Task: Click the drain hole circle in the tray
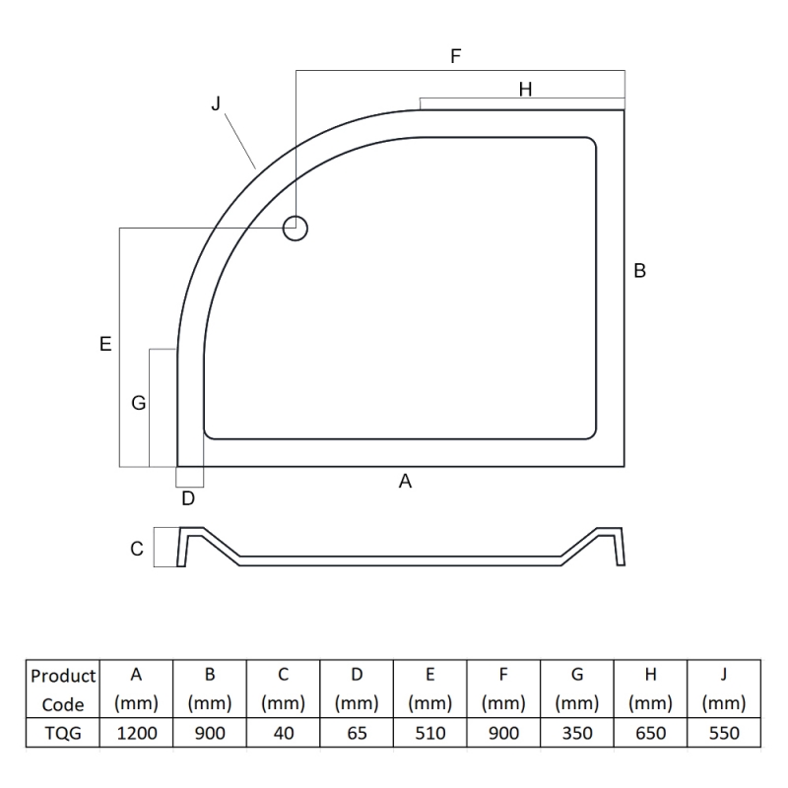click(x=295, y=217)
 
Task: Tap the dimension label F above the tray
click(x=456, y=56)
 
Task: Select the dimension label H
click(x=525, y=90)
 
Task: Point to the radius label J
click(x=216, y=103)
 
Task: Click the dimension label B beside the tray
click(x=639, y=270)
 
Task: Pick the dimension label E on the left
click(x=105, y=344)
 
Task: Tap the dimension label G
click(x=138, y=403)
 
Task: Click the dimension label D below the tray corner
click(x=188, y=498)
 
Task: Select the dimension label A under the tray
click(x=405, y=482)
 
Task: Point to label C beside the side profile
click(x=137, y=549)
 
